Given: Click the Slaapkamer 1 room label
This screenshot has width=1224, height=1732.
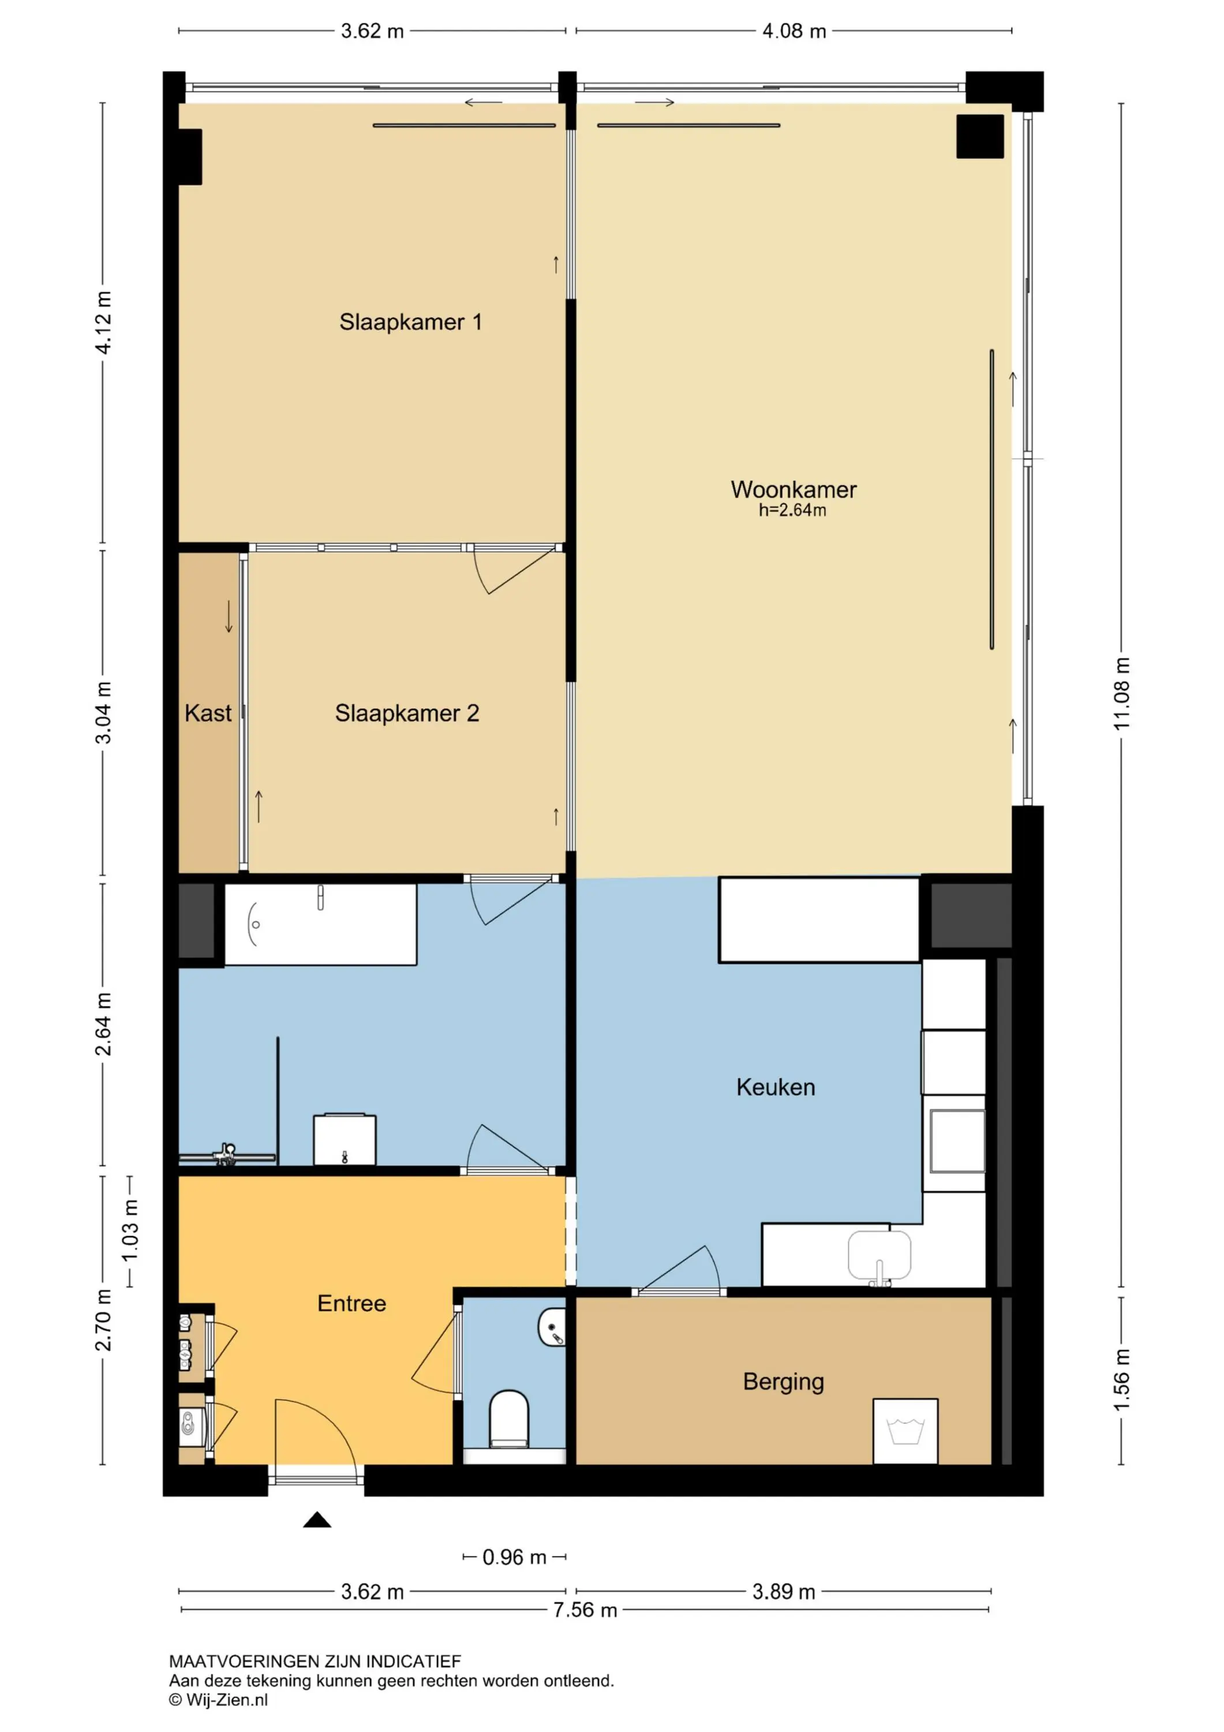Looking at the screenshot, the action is (410, 322).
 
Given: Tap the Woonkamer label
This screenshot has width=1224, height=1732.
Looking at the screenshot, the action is (793, 490).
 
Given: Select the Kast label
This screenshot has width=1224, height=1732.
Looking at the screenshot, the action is (208, 713).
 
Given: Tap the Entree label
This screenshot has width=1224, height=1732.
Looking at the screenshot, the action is (351, 1304).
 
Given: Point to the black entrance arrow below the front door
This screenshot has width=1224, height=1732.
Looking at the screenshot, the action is (317, 1520).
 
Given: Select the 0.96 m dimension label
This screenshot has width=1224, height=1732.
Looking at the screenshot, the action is (514, 1558).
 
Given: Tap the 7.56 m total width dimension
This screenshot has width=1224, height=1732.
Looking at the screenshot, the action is (585, 1610).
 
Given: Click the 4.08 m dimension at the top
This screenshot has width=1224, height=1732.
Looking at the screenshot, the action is (794, 31).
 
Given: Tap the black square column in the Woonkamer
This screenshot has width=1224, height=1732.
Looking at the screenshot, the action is (980, 136).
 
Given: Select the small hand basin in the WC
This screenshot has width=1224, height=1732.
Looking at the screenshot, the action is (552, 1327).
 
